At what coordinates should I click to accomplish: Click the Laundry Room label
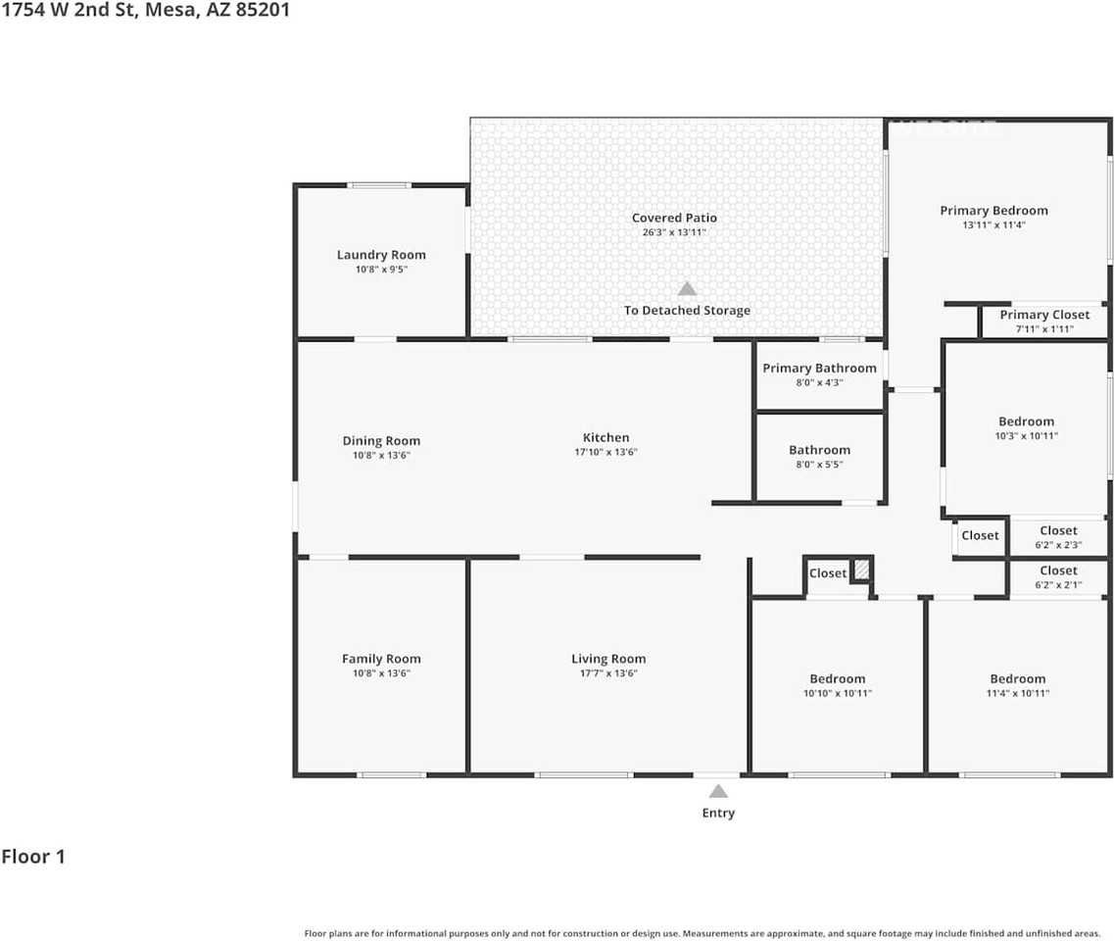381,255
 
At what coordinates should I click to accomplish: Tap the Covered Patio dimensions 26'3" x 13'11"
673,232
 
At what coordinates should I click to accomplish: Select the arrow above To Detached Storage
688,288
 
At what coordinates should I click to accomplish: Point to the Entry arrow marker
718,791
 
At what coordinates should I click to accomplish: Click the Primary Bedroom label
993,210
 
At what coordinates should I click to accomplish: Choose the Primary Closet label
1044,315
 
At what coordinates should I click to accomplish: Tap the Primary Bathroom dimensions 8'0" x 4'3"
819,382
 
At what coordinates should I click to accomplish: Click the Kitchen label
605,437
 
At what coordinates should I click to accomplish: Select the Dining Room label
381,440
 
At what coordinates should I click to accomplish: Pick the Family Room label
381,659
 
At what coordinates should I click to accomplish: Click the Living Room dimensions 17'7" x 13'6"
608,673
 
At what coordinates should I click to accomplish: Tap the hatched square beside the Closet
861,570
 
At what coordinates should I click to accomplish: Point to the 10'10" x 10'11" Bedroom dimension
837,693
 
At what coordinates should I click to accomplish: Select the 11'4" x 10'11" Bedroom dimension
1017,693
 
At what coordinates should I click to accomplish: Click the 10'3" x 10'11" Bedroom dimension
1026,435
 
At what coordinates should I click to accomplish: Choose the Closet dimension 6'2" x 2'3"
1058,545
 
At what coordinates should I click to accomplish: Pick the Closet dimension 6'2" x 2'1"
1058,584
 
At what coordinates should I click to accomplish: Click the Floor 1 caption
33,857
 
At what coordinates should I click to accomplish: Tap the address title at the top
145,12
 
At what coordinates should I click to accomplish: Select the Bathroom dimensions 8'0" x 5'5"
819,465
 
